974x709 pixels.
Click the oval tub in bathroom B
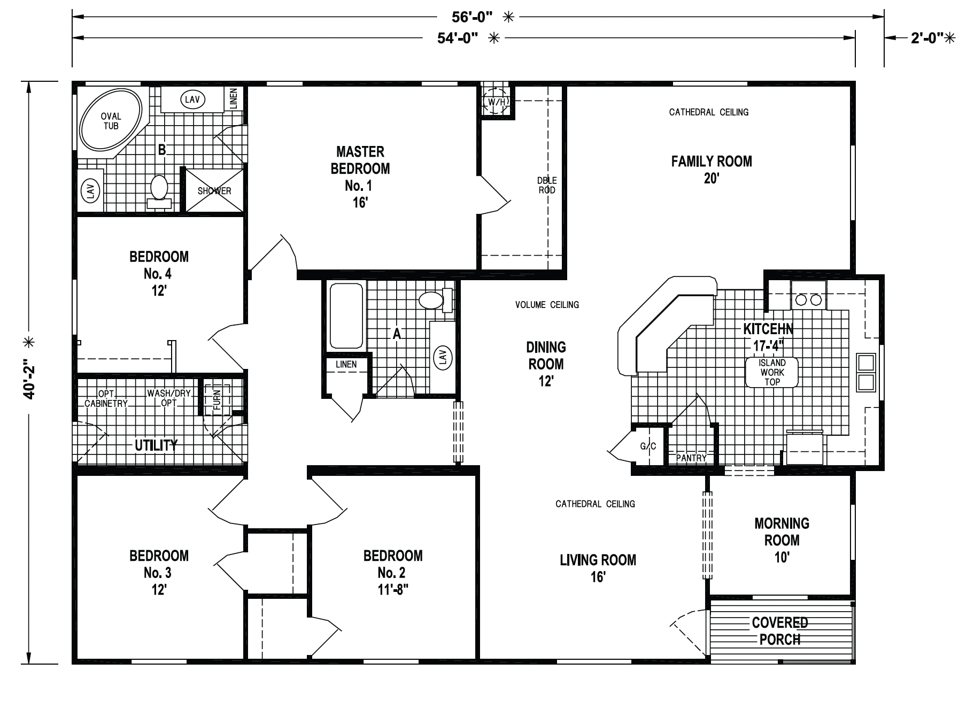(111, 121)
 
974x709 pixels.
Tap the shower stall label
(214, 191)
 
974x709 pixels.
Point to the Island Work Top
(772, 372)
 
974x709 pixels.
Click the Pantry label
(691, 458)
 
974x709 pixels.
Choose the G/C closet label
(648, 446)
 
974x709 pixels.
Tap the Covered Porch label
(780, 631)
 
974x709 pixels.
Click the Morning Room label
(782, 540)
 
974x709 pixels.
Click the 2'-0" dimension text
(927, 38)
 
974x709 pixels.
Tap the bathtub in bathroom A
(346, 316)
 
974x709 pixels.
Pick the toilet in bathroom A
(435, 300)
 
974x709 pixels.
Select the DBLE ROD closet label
(547, 186)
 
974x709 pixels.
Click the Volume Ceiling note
(547, 305)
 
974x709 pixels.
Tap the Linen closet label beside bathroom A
(346, 365)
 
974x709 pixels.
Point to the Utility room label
(156, 445)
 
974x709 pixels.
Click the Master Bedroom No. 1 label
(360, 177)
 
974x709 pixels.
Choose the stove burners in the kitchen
(809, 300)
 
